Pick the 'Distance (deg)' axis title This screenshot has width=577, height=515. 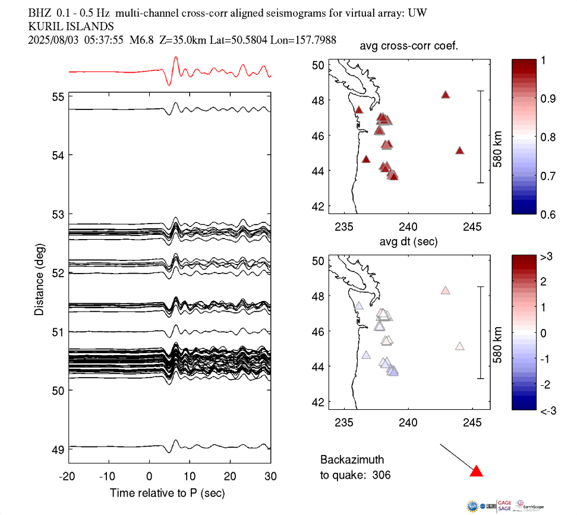click(39, 278)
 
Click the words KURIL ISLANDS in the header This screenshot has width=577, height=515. click(71, 26)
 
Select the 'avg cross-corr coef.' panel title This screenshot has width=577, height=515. click(408, 47)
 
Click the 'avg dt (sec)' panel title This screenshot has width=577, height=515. click(408, 242)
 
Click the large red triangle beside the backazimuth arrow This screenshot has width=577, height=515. click(476, 472)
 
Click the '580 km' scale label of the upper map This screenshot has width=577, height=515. click(498, 137)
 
